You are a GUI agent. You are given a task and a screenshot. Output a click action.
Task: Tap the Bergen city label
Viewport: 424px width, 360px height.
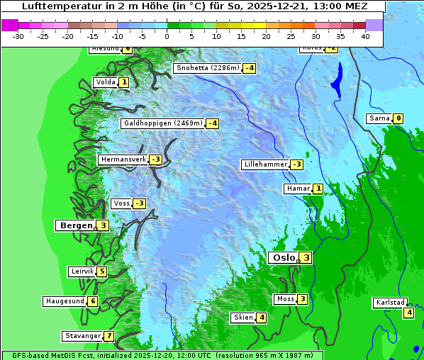point(74,225)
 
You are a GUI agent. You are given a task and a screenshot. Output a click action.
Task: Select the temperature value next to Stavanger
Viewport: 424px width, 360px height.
point(108,336)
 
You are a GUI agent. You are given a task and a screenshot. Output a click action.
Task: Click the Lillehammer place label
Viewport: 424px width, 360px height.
point(265,164)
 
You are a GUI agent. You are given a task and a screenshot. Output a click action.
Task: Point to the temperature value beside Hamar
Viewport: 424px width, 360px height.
point(318,189)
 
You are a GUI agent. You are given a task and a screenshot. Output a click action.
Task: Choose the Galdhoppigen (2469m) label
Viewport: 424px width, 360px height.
point(163,123)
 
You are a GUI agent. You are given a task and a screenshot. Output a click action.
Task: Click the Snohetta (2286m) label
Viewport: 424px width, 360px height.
point(207,68)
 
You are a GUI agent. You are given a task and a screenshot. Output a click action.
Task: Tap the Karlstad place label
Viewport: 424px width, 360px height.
point(390,303)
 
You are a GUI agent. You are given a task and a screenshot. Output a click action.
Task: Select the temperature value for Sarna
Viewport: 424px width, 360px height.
point(398,118)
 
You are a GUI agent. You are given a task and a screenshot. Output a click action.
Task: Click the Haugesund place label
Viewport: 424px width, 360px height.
point(65,301)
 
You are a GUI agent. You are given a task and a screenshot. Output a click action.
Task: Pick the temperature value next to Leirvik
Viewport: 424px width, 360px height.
point(102,271)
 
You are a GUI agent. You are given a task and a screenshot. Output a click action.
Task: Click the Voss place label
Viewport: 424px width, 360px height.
point(121,203)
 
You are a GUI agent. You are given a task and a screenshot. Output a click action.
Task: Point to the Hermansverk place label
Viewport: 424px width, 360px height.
point(123,159)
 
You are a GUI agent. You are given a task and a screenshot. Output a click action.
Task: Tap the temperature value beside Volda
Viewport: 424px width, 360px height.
point(124,82)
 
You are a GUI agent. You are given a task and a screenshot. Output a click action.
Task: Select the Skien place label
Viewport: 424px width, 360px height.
point(243,317)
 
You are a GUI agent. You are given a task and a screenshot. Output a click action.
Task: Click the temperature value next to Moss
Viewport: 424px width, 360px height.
point(303,299)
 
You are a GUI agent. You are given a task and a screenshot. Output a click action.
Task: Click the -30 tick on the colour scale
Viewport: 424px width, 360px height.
point(18,36)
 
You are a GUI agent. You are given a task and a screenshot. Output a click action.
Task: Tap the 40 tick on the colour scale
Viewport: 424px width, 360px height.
point(365,36)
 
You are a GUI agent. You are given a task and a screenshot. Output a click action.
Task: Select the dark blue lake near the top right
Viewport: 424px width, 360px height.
point(336,79)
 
